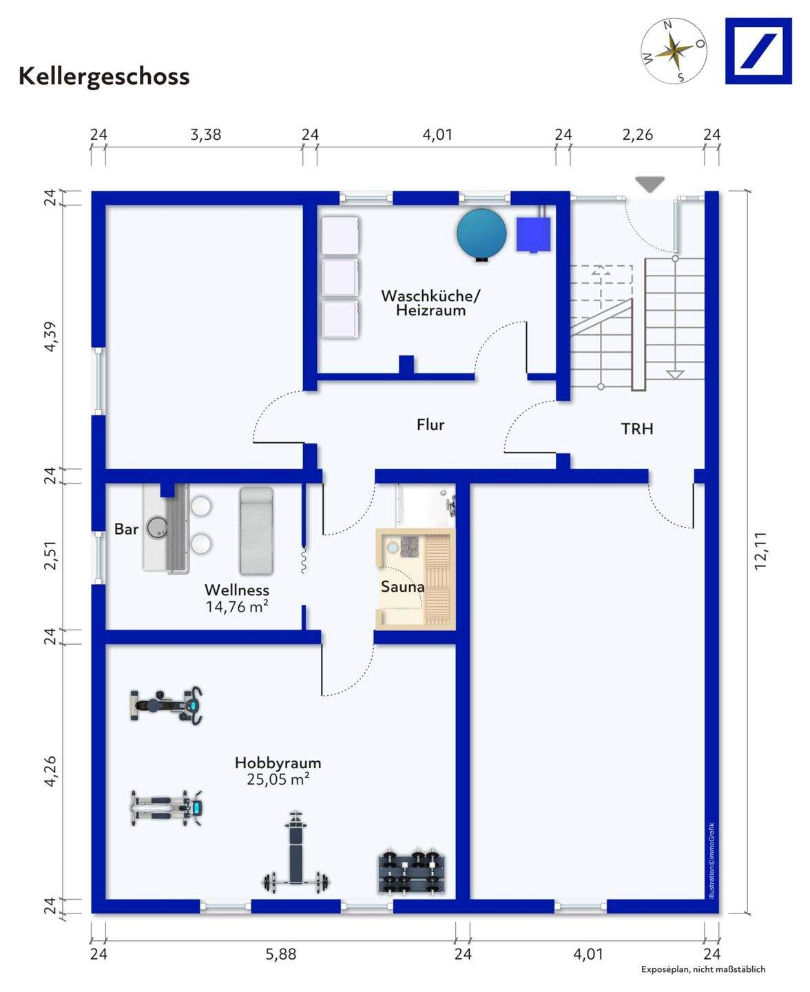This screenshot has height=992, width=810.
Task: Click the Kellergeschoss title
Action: coord(104,76)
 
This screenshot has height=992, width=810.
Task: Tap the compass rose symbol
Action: coord(674,51)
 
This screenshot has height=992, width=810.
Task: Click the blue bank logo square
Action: coord(758,51)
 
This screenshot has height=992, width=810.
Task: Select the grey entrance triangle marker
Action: coord(650,184)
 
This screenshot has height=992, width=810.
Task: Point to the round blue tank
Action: coord(481,234)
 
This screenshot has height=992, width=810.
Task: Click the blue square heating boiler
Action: coord(534,234)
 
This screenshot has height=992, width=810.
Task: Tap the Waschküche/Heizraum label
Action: coord(430,303)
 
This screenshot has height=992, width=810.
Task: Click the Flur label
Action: coord(430,425)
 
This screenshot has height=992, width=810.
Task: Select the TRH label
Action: coord(637,429)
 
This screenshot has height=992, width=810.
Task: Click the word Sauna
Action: coord(402,588)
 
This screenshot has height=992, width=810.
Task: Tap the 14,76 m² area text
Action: coord(236,607)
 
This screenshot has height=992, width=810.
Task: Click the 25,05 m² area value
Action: coord(278,779)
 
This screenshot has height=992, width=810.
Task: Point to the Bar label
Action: coord(126,529)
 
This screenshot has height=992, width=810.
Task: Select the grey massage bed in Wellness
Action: coord(256,530)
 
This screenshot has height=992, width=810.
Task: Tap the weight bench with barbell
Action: coord(296,854)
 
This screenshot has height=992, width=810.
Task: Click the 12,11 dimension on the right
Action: coord(760,550)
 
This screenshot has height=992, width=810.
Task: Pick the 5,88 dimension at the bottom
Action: coord(281,954)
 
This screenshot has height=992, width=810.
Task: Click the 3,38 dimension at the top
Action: coord(205,135)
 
